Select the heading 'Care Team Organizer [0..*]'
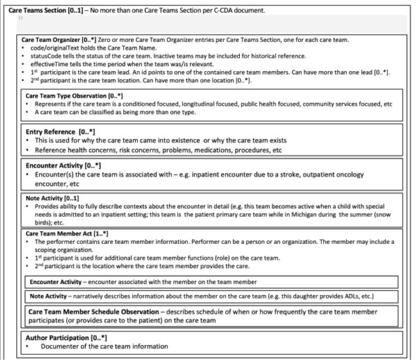pyautogui.click(x=62, y=40)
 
